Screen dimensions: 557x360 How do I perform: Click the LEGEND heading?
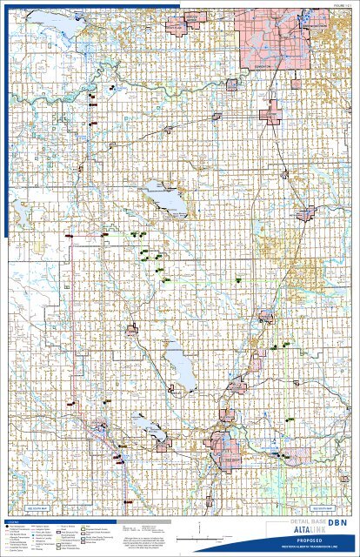click(x=17, y=520)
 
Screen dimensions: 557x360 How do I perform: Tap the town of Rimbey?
click(x=132, y=331)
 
